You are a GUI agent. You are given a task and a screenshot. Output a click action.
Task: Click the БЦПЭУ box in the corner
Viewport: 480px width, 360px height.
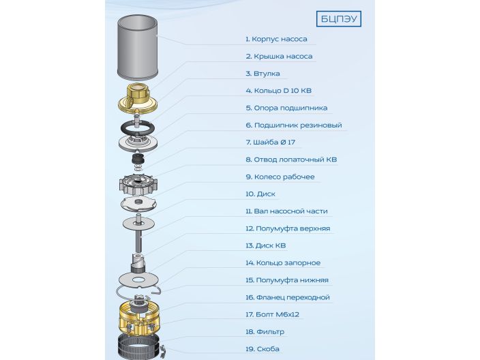pos(339,18)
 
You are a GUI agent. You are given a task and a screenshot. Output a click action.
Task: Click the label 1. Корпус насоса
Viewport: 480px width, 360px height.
pos(276,39)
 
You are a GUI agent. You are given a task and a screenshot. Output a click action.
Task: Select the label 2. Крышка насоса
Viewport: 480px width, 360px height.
pos(279,56)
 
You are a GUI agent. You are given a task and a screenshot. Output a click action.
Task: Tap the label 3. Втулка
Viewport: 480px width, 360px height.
pos(262,74)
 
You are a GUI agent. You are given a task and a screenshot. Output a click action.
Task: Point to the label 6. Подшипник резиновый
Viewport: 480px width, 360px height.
pos(294,125)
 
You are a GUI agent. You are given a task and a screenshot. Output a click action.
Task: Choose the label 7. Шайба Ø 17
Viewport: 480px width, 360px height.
pos(270,142)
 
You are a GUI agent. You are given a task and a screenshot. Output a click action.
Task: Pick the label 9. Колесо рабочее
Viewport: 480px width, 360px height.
pos(280,177)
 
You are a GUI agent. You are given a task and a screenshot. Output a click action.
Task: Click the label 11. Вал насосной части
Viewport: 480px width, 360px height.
pos(287,211)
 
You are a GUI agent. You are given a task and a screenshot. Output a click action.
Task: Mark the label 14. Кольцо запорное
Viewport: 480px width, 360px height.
pos(283,263)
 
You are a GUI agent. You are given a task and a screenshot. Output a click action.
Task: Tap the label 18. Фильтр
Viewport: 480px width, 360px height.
pos(265,332)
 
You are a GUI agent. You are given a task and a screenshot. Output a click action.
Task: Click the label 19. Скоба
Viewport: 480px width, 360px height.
pos(262,349)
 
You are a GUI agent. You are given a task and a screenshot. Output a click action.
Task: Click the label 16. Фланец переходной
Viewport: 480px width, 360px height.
pos(287,297)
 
